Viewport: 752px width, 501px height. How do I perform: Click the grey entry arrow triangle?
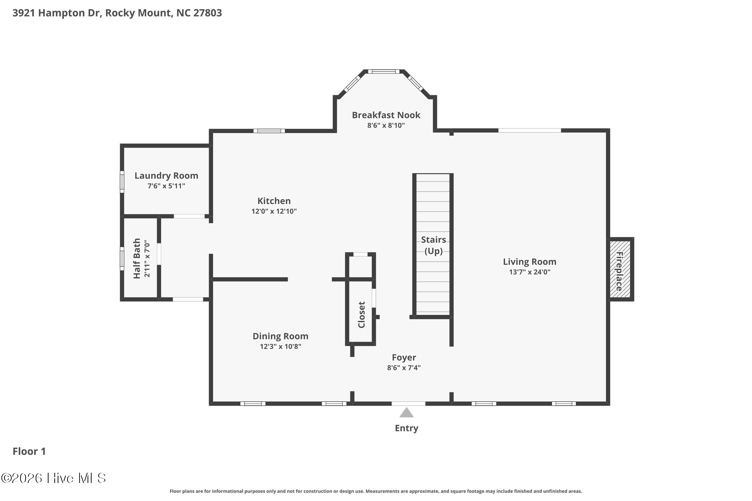pos(406,413)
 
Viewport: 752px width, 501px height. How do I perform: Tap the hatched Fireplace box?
pos(620,269)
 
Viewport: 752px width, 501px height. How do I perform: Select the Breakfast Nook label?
pos(386,115)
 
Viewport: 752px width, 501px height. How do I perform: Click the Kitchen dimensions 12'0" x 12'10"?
pos(274,211)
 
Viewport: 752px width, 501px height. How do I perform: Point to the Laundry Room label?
pos(166,176)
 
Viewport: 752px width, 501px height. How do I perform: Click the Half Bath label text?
pos(137,258)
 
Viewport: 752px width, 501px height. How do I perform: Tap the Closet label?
pos(362,315)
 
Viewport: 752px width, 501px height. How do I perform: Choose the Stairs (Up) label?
pos(433,245)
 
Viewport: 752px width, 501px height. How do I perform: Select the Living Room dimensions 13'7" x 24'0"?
pos(529,272)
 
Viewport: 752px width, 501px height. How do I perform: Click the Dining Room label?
pos(281,336)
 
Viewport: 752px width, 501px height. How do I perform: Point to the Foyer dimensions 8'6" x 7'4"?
pos(404,367)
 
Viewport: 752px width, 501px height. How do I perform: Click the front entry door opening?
pos(408,404)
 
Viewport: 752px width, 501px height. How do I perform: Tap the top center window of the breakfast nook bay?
pos(384,72)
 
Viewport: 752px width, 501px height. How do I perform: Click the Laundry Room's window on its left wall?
pos(122,182)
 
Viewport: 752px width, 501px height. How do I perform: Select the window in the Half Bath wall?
pos(122,258)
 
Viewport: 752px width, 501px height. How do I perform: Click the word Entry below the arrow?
pos(406,428)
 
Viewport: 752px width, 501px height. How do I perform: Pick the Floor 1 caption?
pos(29,451)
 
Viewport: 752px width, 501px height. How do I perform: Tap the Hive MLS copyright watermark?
pos(54,478)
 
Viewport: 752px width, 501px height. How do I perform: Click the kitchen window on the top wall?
pos(269,131)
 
